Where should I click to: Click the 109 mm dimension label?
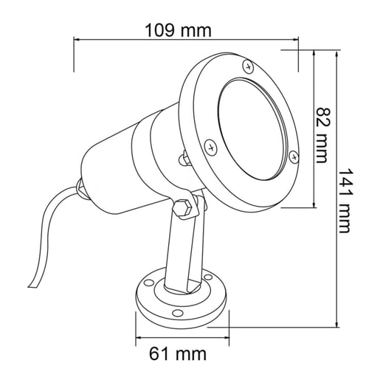(x=178, y=30)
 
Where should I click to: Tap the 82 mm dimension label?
(x=322, y=135)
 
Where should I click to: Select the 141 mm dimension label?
(x=344, y=201)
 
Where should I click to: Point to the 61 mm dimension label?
(x=178, y=354)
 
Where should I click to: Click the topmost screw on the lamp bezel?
(x=249, y=66)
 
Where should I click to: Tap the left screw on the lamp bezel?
(x=211, y=148)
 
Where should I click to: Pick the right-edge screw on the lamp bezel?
(x=294, y=156)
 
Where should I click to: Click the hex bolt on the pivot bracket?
(x=182, y=207)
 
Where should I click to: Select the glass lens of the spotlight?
(x=252, y=129)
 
